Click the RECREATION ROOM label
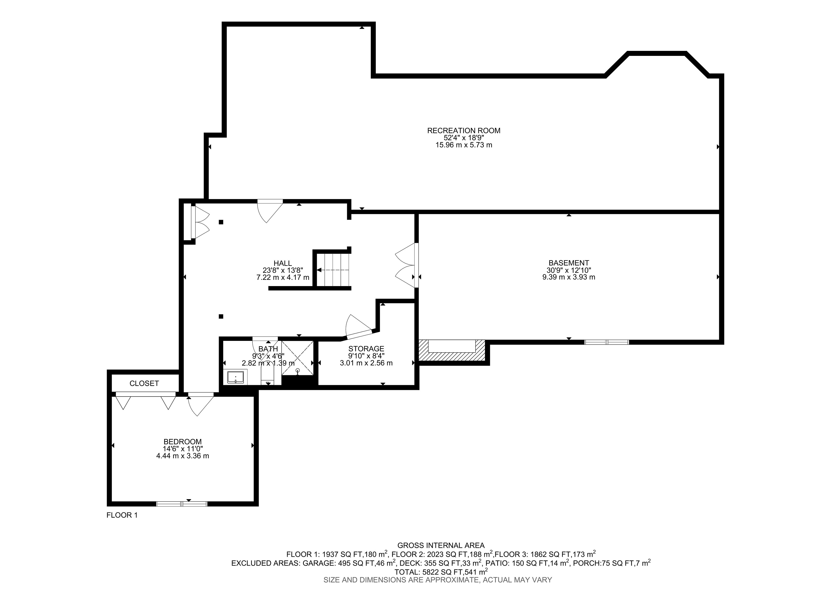464,130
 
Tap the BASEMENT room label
569,263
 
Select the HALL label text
283,263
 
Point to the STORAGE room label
366,349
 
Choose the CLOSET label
144,383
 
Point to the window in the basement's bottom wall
607,342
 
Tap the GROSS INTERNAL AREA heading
441,545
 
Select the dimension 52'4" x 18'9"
464,138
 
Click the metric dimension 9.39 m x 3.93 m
569,277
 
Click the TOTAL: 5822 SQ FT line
441,572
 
